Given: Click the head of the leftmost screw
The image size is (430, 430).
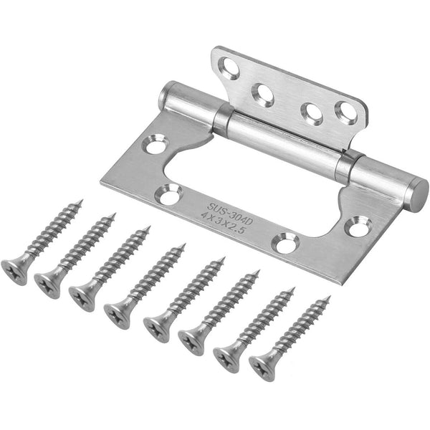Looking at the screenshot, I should [15, 270].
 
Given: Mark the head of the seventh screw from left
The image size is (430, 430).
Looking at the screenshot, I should [228, 353].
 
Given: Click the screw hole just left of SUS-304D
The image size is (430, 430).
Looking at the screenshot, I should [170, 193].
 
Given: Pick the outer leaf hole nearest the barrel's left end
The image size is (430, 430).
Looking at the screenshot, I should [155, 146].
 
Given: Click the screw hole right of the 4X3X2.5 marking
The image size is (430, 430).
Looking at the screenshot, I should [287, 245].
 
